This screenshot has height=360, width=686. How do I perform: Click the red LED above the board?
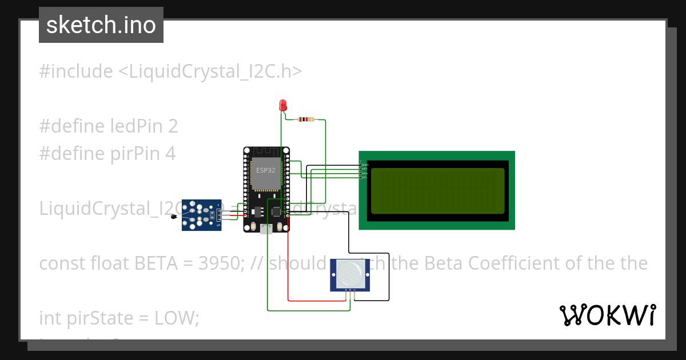point(282,105)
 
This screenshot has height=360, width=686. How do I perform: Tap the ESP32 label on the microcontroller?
point(265,170)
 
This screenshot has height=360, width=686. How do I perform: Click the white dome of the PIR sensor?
point(350,274)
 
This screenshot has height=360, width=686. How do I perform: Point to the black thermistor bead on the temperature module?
point(173,215)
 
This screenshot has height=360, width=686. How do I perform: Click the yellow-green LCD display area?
point(437,190)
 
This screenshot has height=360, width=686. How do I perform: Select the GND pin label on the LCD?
point(365,165)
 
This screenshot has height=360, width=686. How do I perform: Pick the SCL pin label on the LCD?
point(365,177)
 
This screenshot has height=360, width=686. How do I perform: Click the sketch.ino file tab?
point(101,25)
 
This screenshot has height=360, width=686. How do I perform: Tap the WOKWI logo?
point(607,315)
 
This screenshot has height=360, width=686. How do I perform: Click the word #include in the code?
point(76,71)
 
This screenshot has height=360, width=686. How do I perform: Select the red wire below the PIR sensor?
point(317,300)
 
